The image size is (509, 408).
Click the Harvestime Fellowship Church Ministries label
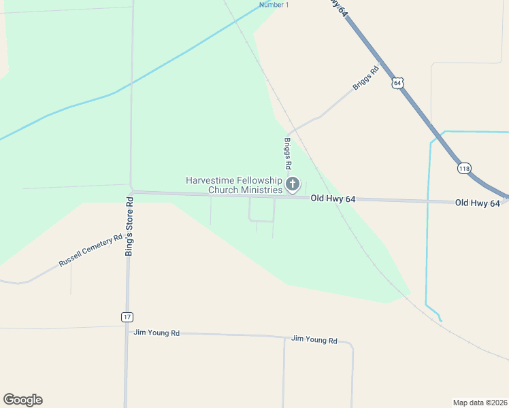pos(233,185)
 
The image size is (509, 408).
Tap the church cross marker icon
pos(293,184)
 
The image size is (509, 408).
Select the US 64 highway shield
pos(397,83)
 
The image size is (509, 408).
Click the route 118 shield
pos(465,168)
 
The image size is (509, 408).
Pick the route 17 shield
pos(127,317)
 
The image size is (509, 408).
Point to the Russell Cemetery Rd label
pos(91,250)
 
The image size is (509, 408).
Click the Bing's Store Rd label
pos(129,226)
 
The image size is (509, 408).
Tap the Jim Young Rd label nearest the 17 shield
pos(157,333)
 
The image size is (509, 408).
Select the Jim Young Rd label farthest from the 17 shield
pos(314,339)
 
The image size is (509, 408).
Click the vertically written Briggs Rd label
pos(288,154)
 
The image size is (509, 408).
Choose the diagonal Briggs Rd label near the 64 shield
pos(365,78)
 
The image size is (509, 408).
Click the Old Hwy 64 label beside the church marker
pos(333,199)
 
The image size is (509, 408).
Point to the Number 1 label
pos(274,5)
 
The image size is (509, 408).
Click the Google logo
pos(22,400)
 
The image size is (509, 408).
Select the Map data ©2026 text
pos(480,402)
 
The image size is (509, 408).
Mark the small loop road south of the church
pos(262,211)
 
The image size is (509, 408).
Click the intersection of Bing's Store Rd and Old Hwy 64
pos(131,192)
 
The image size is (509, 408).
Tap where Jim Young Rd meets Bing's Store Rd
pos(127,333)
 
